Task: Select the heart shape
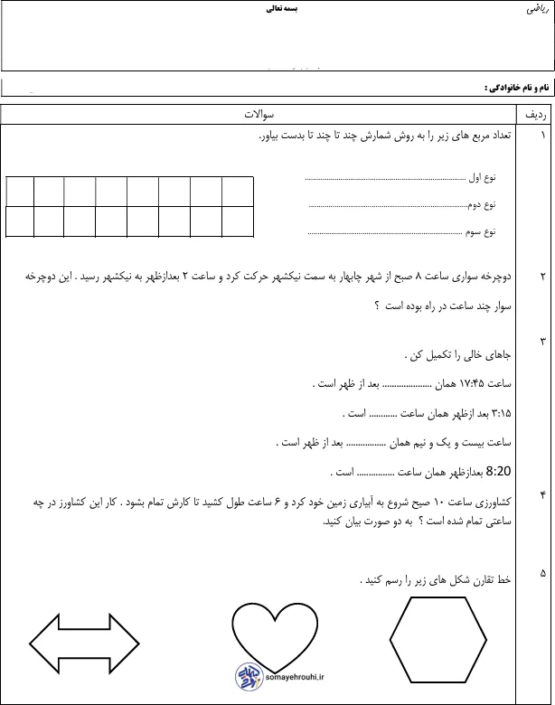tap(268, 631)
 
